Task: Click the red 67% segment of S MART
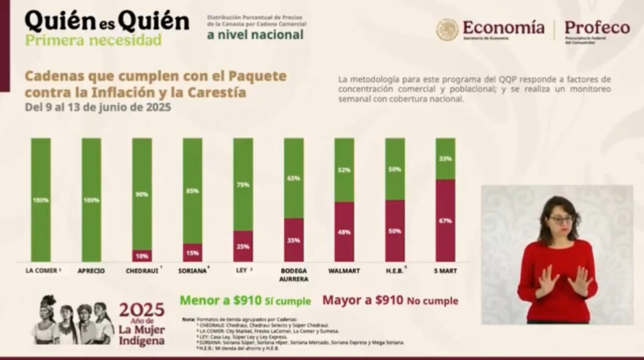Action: pos(445,220)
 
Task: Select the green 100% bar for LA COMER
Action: pos(40,200)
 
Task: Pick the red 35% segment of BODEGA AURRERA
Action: pos(294,240)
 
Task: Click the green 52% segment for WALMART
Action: pos(344,170)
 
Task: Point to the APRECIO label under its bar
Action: pos(92,271)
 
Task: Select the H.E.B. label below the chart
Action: pos(394,271)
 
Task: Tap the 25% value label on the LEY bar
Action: pos(243,245)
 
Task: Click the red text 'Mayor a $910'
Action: pos(361,300)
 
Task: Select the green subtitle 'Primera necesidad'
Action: pos(93,40)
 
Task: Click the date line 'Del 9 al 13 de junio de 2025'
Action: pos(97,107)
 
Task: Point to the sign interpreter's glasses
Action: pos(561,220)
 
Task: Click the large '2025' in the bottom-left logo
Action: pos(142,310)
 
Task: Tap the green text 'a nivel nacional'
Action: pos(255,34)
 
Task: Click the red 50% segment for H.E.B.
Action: pos(395,230)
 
